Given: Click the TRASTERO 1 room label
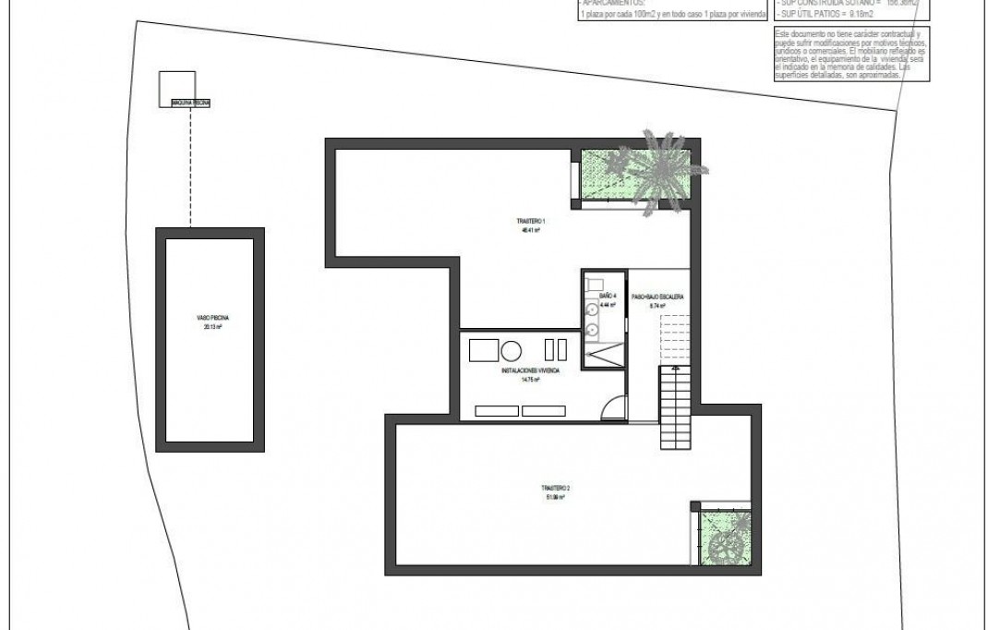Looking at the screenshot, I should pos(532,222).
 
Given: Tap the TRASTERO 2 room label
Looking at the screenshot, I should pos(554,488).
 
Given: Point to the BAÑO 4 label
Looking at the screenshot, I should pos(607,297).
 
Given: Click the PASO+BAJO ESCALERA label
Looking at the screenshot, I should pos(657,297).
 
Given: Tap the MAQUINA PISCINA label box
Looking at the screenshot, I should pos(190,103).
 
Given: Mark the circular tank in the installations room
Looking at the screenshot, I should pos(511,351).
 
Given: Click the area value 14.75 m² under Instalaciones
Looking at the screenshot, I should pos(528,379).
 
